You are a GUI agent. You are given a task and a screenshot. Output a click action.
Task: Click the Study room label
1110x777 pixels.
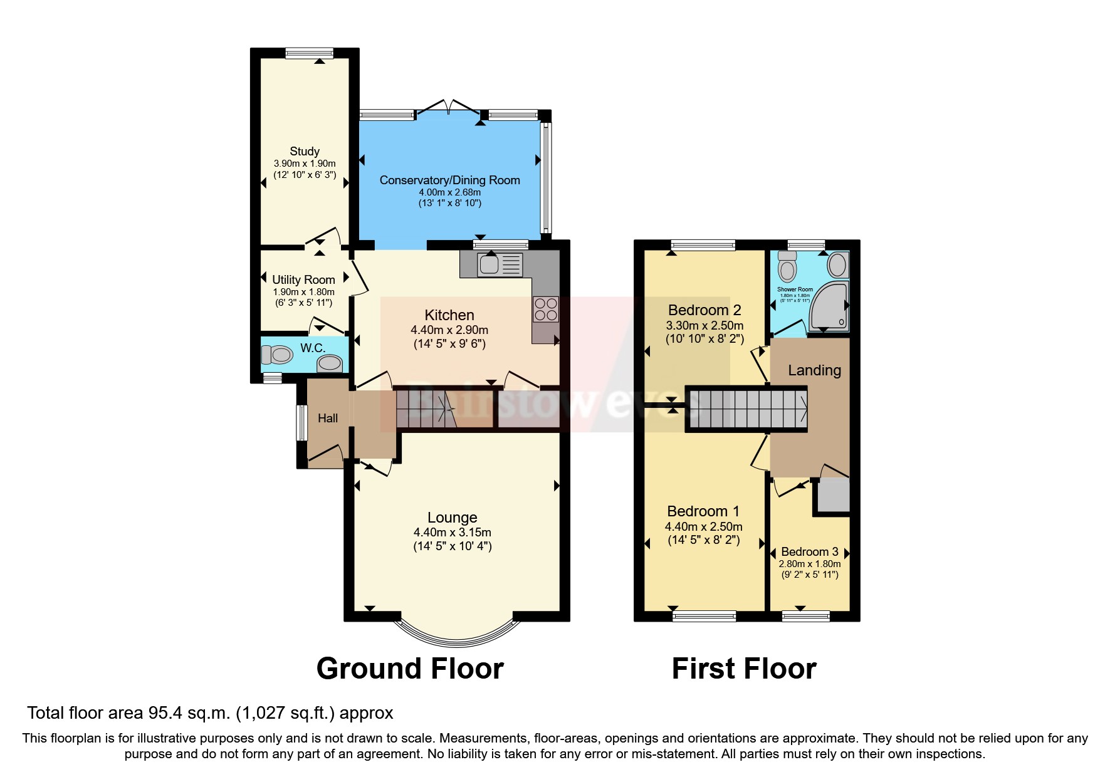(x=305, y=151)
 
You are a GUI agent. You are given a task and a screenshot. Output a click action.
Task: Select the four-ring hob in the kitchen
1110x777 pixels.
(x=545, y=309)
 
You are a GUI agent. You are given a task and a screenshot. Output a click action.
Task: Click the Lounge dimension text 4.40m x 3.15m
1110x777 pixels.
(x=452, y=532)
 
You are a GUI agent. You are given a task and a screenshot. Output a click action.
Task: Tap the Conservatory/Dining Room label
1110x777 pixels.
(x=449, y=180)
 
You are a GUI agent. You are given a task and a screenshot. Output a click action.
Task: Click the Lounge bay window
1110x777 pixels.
(x=456, y=633)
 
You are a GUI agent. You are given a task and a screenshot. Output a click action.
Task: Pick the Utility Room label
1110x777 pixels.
(x=303, y=279)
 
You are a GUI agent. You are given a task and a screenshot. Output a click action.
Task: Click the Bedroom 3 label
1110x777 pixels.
(x=809, y=551)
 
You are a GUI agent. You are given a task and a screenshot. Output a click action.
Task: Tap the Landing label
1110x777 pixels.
(x=814, y=370)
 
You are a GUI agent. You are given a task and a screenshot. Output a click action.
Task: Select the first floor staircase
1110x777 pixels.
(x=746, y=409)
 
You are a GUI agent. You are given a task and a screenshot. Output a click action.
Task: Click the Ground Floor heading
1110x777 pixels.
(x=410, y=669)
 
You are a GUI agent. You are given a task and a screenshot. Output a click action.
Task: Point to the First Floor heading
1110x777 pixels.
(x=744, y=669)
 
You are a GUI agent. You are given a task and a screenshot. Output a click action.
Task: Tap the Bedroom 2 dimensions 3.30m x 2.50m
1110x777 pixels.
(x=704, y=325)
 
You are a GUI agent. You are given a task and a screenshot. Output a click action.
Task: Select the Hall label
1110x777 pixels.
(x=327, y=418)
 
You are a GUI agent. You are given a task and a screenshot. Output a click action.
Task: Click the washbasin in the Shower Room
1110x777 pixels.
(x=837, y=265)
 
